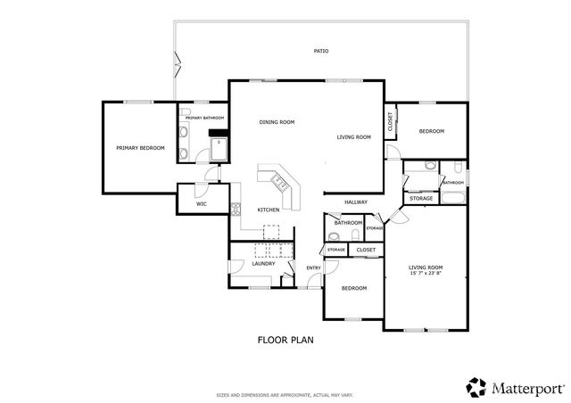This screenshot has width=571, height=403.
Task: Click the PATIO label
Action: click(x=321, y=51)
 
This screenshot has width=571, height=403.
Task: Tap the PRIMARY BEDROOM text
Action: click(x=140, y=147)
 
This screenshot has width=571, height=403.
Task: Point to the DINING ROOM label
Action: click(x=277, y=122)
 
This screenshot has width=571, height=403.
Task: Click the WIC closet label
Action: click(x=202, y=204)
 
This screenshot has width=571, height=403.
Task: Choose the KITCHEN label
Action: click(x=269, y=210)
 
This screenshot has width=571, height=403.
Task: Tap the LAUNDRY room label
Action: click(x=262, y=264)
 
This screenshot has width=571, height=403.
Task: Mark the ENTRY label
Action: click(x=313, y=268)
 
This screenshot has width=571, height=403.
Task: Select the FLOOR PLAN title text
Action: click(x=285, y=340)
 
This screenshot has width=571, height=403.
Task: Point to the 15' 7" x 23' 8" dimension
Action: click(x=426, y=273)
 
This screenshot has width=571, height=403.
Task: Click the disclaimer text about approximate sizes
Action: click(x=285, y=394)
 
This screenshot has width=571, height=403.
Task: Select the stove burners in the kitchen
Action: click(x=236, y=210)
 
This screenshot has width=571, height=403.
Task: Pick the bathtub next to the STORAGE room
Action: click(x=452, y=197)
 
